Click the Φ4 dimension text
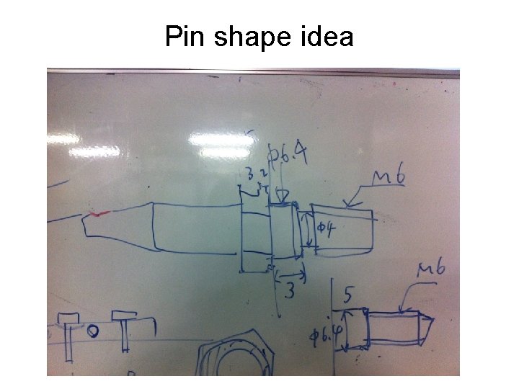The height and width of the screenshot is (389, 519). [329, 230]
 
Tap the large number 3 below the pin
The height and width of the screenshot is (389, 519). [290, 291]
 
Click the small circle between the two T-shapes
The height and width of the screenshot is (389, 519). [93, 332]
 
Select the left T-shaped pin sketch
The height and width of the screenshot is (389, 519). [68, 334]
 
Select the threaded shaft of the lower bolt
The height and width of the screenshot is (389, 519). [393, 328]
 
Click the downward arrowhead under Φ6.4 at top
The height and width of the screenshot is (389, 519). [282, 197]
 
